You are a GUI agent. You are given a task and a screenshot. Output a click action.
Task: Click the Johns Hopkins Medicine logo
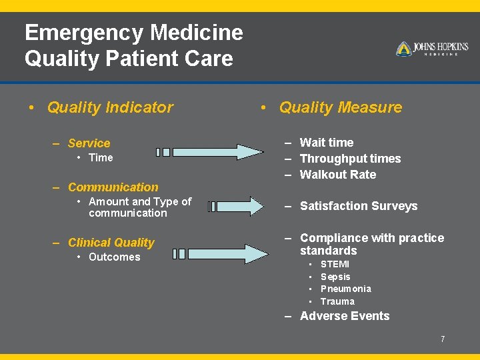pyautogui.click(x=432, y=49)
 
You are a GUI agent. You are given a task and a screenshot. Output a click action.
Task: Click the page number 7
pyautogui.click(x=442, y=339)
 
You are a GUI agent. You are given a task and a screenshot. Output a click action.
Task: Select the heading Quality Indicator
pyautogui.click(x=110, y=107)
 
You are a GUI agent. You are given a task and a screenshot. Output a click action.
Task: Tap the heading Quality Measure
pyautogui.click(x=340, y=107)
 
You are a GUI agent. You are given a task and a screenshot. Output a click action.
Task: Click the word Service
pyautogui.click(x=89, y=143)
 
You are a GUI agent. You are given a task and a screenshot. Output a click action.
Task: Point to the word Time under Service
pyautogui.click(x=101, y=158)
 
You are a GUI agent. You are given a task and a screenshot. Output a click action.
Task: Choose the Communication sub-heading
pyautogui.click(x=113, y=187)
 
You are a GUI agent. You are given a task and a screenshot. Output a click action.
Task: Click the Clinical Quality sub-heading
pyautogui.click(x=111, y=243)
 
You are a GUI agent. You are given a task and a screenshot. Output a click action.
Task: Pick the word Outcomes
pyautogui.click(x=114, y=257)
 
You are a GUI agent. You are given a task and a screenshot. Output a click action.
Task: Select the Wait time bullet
pyautogui.click(x=327, y=143)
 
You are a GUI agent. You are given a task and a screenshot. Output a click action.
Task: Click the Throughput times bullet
pyautogui.click(x=350, y=159)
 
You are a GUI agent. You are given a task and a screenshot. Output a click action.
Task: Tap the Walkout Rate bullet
pyautogui.click(x=338, y=175)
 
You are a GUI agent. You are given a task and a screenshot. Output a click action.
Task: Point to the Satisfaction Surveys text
pyautogui.click(x=359, y=206)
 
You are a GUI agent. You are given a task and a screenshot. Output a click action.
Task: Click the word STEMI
pyautogui.click(x=335, y=264)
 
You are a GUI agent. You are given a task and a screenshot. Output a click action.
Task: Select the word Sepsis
pyautogui.click(x=335, y=277)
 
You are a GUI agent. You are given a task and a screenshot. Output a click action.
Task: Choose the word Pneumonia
pyautogui.click(x=345, y=289)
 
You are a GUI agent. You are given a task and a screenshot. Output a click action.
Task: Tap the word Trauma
pyautogui.click(x=337, y=301)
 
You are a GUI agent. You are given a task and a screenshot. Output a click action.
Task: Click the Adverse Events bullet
pyautogui.click(x=345, y=316)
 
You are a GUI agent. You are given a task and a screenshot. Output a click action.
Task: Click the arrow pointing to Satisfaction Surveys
pyautogui.click(x=237, y=206)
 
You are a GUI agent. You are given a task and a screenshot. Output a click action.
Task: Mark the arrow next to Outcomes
pyautogui.click(x=223, y=253)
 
